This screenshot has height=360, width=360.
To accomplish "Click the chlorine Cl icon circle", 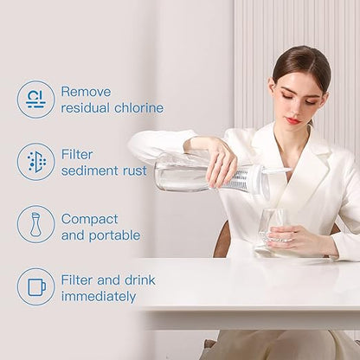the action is (35, 100).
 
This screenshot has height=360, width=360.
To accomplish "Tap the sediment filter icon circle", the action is (35, 162).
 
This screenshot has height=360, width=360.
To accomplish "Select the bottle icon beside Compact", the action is (35, 224).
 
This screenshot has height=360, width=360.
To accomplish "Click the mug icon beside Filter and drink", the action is (35, 286).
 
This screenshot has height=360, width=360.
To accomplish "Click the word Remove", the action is (86, 92).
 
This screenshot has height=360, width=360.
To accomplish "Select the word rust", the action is (135, 170).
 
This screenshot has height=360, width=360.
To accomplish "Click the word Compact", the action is (89, 220).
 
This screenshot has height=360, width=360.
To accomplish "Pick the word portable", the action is (114, 235).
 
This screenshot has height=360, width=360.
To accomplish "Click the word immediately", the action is (99, 297).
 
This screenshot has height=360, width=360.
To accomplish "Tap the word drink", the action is (140, 280).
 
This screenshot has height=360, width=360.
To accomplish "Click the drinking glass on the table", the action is (273, 230).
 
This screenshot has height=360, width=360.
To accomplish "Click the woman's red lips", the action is (293, 120).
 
